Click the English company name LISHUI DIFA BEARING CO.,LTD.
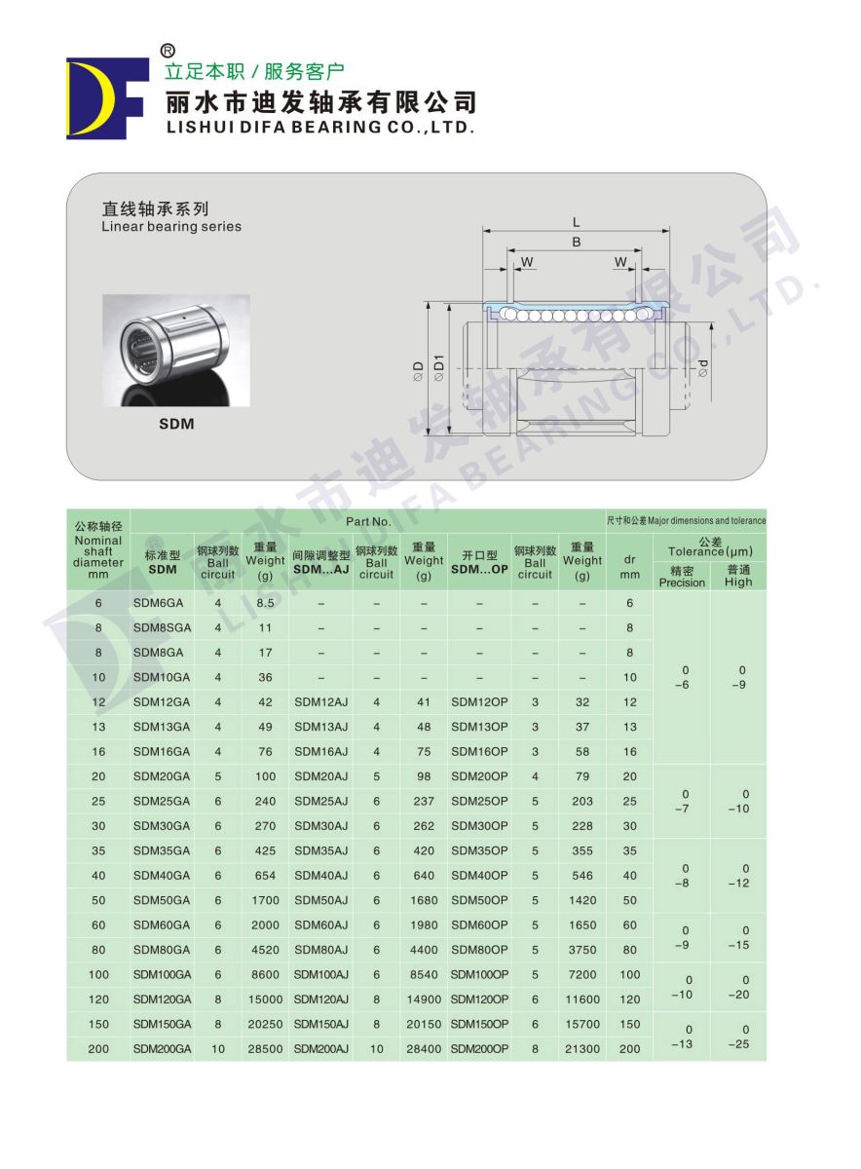(x=320, y=127)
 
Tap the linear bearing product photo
(x=175, y=350)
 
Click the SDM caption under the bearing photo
(x=176, y=424)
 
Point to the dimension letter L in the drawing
(x=577, y=222)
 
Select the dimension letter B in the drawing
(x=576, y=243)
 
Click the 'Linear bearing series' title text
(x=171, y=227)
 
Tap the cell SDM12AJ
(x=320, y=701)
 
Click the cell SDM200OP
(x=479, y=1049)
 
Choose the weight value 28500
(x=265, y=1049)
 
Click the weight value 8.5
(x=265, y=603)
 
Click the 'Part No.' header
(x=368, y=521)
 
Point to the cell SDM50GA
(x=162, y=900)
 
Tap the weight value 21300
(x=582, y=1049)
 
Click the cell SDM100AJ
(x=320, y=974)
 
